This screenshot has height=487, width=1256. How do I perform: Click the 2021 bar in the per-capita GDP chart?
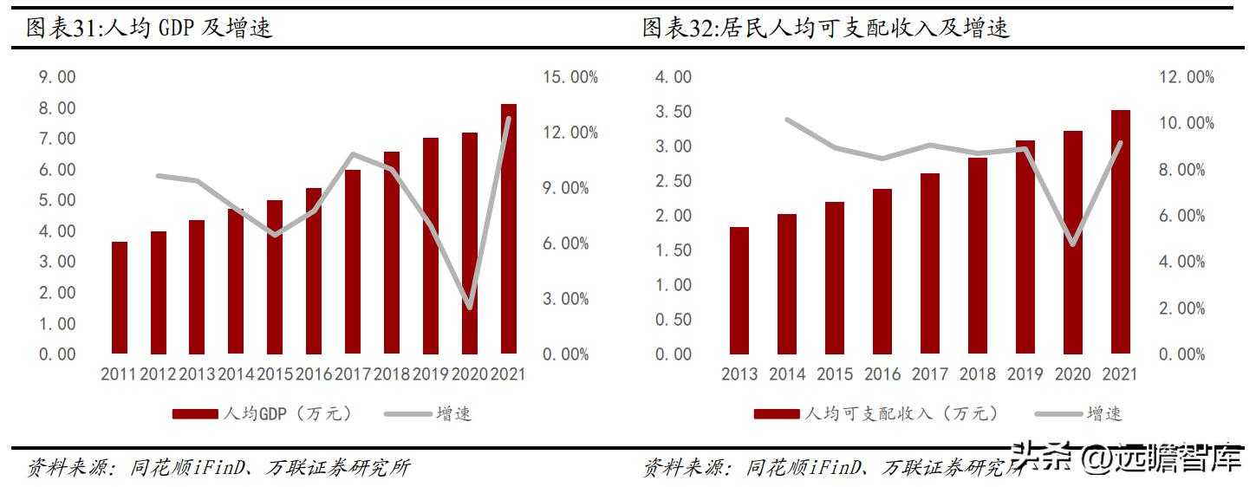[x=508, y=229]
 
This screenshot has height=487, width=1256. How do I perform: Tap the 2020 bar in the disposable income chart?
[x=1072, y=243]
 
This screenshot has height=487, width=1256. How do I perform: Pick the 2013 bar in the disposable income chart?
[x=739, y=290]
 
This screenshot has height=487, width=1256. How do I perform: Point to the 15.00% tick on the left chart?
[x=570, y=77]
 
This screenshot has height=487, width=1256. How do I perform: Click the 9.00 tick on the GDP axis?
[x=57, y=77]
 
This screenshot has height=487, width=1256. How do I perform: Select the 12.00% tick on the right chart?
[x=1187, y=77]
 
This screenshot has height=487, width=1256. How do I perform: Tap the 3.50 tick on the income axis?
[x=674, y=112]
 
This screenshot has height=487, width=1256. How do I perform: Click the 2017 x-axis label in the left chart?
[x=352, y=374]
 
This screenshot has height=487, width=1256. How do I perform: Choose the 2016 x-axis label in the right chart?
[x=882, y=374]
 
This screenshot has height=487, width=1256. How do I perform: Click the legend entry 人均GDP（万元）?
[x=264, y=413]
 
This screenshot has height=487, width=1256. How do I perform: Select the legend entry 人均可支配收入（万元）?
[x=875, y=413]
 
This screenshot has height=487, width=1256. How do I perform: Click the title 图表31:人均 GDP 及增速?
[x=150, y=28]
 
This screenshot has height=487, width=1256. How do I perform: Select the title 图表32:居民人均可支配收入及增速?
[x=826, y=28]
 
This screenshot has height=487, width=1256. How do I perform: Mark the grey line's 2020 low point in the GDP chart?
[x=469, y=307]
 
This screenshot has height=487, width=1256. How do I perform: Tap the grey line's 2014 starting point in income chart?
[x=787, y=120]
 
